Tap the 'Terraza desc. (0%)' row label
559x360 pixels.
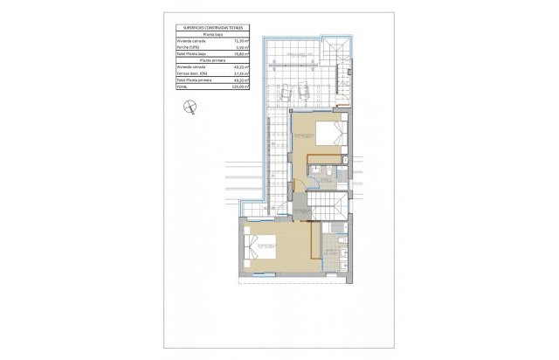tap(191, 73)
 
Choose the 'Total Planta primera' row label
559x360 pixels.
tap(194, 80)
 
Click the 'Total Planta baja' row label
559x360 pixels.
tap(191, 53)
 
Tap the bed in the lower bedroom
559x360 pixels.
tap(260, 244)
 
